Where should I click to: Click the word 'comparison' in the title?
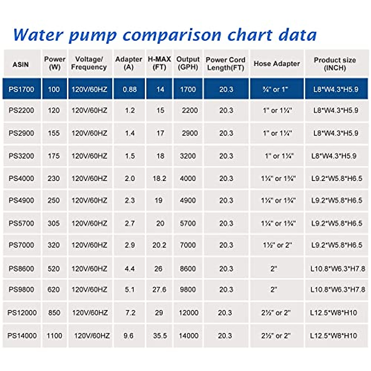click(x=172, y=35)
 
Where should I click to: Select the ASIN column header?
click(x=21, y=64)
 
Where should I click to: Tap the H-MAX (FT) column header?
click(x=159, y=63)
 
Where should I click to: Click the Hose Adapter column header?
click(x=277, y=64)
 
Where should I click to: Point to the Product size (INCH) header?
click(x=335, y=64)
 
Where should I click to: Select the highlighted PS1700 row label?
click(x=21, y=89)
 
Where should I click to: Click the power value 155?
click(x=54, y=133)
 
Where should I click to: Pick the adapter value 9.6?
click(x=128, y=335)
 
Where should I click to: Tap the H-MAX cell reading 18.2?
click(x=159, y=178)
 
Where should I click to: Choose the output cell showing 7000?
click(x=188, y=245)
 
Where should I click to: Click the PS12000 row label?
click(x=22, y=313)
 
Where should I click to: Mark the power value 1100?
click(x=54, y=335)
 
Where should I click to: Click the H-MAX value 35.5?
click(x=160, y=335)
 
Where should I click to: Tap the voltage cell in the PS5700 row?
click(x=89, y=223)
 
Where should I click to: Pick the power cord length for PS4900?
click(x=226, y=200)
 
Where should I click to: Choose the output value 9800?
click(x=188, y=290)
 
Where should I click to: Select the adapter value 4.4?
click(x=130, y=269)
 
